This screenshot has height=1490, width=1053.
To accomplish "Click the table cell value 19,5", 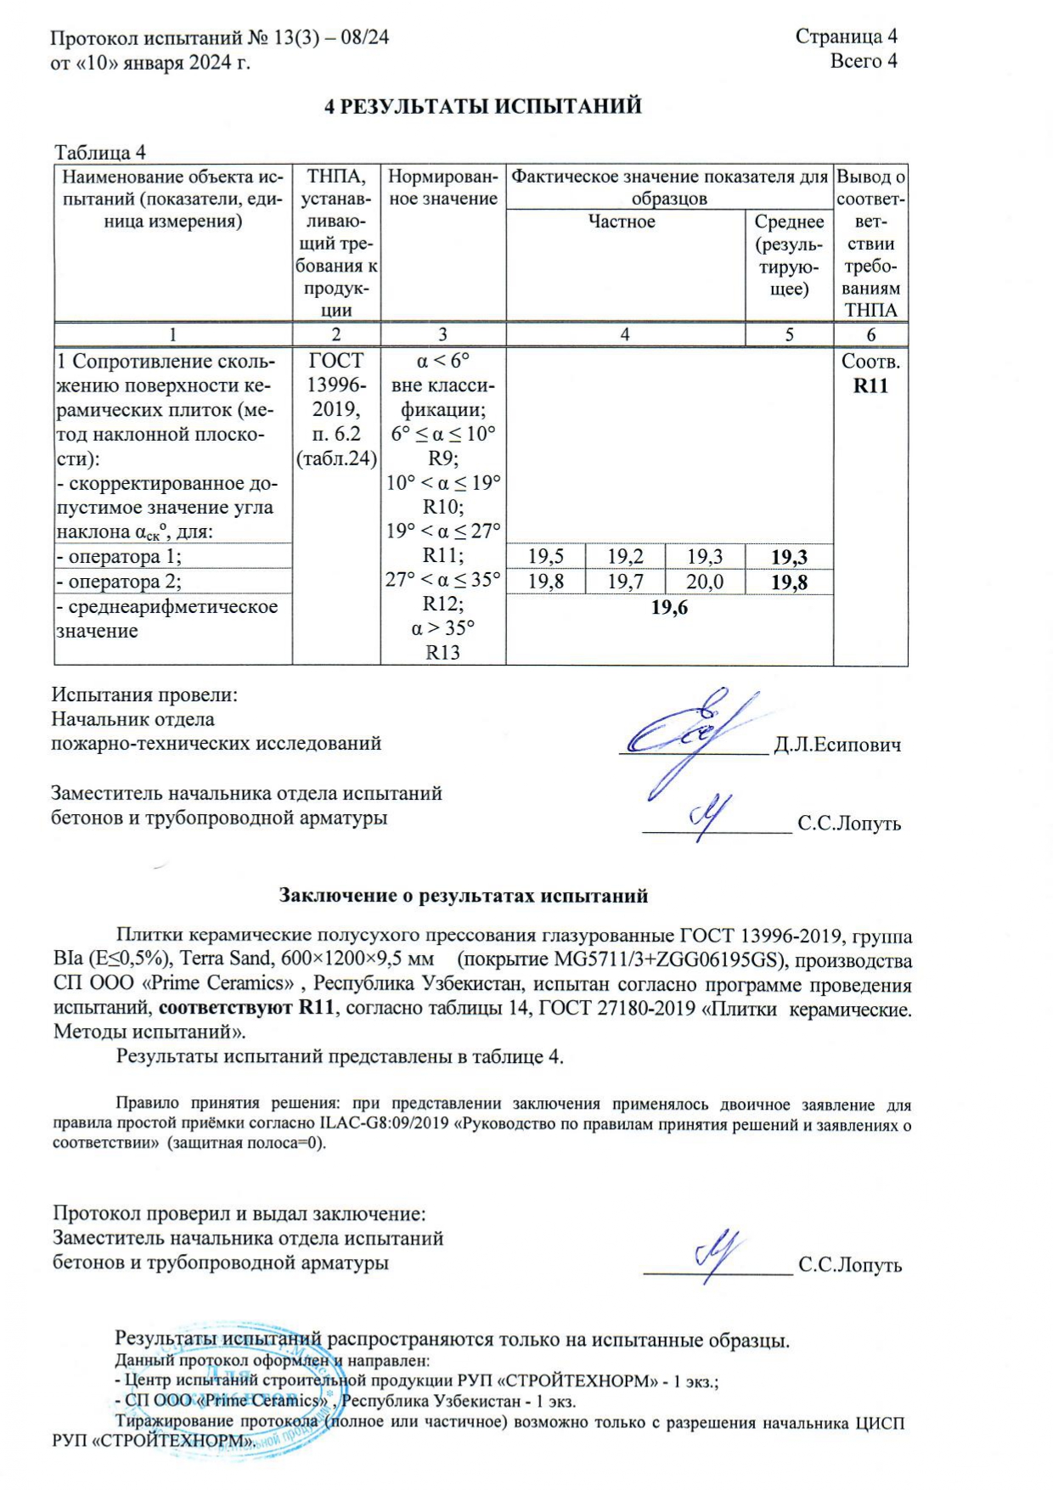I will pyautogui.click(x=545, y=557).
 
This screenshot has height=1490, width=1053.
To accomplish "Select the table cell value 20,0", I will pyautogui.click(x=705, y=582).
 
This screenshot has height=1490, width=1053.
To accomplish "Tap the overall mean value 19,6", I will pyautogui.click(x=669, y=608).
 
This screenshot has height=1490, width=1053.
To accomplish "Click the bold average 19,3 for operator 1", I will pyautogui.click(x=789, y=558).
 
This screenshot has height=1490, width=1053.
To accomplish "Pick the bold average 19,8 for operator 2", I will pyautogui.click(x=789, y=582).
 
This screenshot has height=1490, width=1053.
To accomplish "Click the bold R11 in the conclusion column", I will pyautogui.click(x=870, y=386).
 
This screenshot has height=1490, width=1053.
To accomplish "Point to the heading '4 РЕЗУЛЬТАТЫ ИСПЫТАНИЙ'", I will pyautogui.click(x=484, y=107).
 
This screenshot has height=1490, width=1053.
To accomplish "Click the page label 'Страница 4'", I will pyautogui.click(x=846, y=37).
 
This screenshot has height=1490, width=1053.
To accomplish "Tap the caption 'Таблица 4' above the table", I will pyautogui.click(x=100, y=153).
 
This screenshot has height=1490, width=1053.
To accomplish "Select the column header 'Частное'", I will pyautogui.click(x=622, y=222).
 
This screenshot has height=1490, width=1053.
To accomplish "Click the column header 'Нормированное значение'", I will pyautogui.click(x=442, y=188).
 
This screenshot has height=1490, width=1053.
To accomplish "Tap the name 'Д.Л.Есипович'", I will pyautogui.click(x=837, y=745).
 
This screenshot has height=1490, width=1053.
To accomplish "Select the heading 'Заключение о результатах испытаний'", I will pyautogui.click(x=464, y=896).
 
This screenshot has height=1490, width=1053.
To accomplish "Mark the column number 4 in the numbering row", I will pyautogui.click(x=625, y=335).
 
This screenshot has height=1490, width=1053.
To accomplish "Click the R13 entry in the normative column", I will pyautogui.click(x=442, y=653).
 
